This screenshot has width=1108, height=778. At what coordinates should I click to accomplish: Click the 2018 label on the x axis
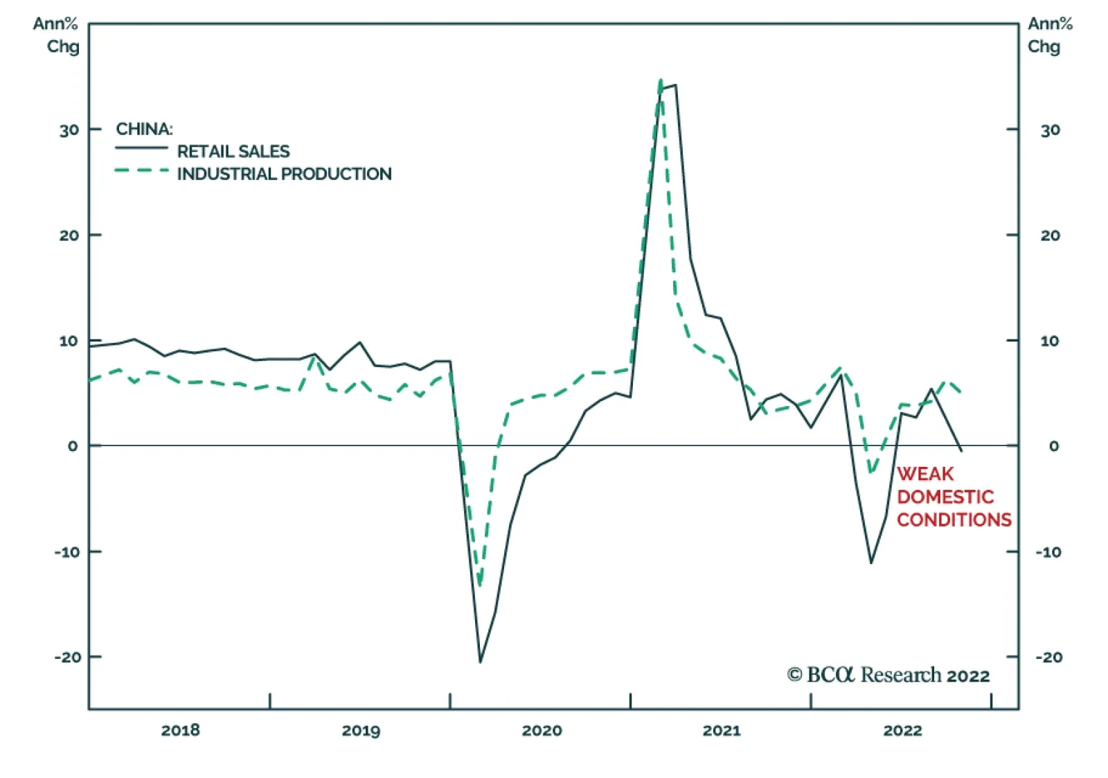(180, 730)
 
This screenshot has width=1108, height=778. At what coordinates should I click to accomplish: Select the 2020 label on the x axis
(542, 730)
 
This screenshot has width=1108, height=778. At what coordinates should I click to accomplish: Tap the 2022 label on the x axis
(902, 730)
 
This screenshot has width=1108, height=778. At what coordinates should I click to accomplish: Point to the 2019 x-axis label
(361, 730)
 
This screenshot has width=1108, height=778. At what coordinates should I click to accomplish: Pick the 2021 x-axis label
(722, 730)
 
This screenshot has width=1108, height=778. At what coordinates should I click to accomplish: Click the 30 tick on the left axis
(69, 130)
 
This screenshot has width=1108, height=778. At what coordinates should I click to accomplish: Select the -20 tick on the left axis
(68, 657)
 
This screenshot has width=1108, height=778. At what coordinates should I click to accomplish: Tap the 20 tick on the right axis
(1050, 236)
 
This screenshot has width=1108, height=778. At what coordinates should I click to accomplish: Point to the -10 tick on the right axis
(1048, 552)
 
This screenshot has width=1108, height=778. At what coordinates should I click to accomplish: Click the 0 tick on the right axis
(1053, 446)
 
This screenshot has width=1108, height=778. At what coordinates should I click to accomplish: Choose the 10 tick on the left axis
(69, 341)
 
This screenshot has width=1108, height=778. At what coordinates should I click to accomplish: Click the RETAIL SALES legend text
(233, 151)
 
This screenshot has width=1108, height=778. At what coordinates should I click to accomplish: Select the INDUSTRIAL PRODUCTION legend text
(284, 174)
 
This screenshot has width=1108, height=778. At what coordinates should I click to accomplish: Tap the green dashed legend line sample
(141, 170)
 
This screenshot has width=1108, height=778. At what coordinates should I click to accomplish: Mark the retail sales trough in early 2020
(480, 662)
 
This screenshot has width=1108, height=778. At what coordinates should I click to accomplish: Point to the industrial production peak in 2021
(661, 80)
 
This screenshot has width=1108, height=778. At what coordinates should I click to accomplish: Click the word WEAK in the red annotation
(925, 474)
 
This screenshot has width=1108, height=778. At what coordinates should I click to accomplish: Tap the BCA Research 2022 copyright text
(888, 675)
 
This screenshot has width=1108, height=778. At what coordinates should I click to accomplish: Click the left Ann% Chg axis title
(56, 35)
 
